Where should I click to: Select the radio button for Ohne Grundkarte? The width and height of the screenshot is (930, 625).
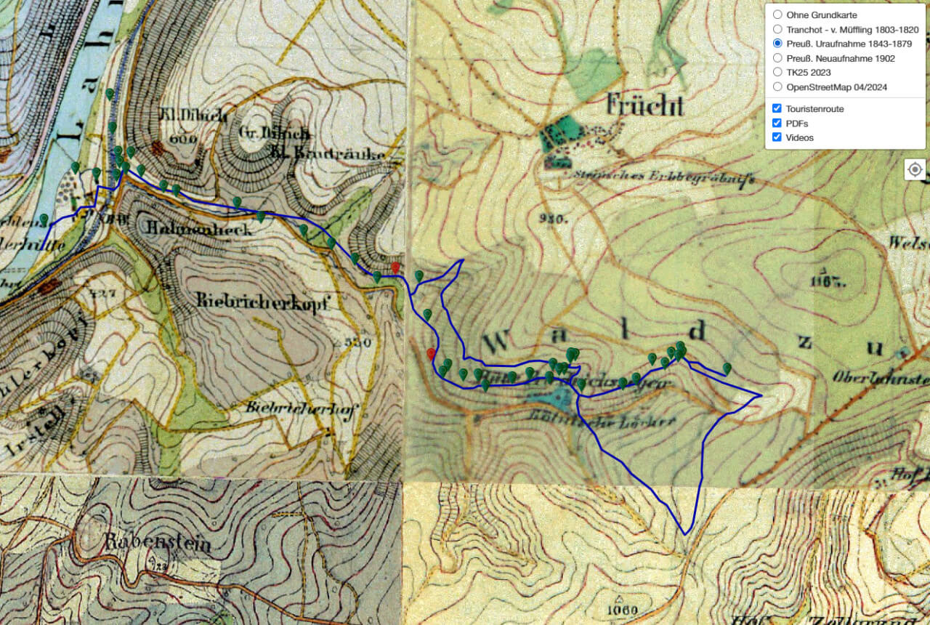pyautogui.click(x=777, y=15)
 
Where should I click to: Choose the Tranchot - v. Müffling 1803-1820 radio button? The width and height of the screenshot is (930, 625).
pyautogui.click(x=777, y=30)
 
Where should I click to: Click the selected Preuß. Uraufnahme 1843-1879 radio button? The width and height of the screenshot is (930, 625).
pyautogui.click(x=777, y=44)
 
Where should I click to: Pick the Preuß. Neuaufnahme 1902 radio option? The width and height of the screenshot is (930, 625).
pyautogui.click(x=777, y=58)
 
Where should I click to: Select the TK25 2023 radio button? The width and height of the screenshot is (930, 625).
pyautogui.click(x=777, y=73)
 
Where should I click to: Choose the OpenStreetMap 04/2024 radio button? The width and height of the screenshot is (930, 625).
pyautogui.click(x=777, y=87)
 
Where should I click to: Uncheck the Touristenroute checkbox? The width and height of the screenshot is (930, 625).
pyautogui.click(x=777, y=108)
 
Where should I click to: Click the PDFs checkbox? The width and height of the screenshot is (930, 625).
pyautogui.click(x=777, y=123)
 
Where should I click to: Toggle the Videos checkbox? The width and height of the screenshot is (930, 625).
pyautogui.click(x=777, y=137)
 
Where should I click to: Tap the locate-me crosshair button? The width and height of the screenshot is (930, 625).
pyautogui.click(x=915, y=170)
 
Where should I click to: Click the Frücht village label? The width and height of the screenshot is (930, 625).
pyautogui.click(x=644, y=107)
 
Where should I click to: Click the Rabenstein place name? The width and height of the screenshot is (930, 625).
pyautogui.click(x=157, y=542)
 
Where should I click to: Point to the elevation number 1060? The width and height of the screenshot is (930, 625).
pyautogui.click(x=614, y=609)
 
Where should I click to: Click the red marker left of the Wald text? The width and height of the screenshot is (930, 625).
pyautogui.click(x=431, y=354)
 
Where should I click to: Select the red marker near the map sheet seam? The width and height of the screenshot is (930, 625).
pyautogui.click(x=395, y=268)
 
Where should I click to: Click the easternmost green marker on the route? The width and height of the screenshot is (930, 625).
pyautogui.click(x=727, y=368)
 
